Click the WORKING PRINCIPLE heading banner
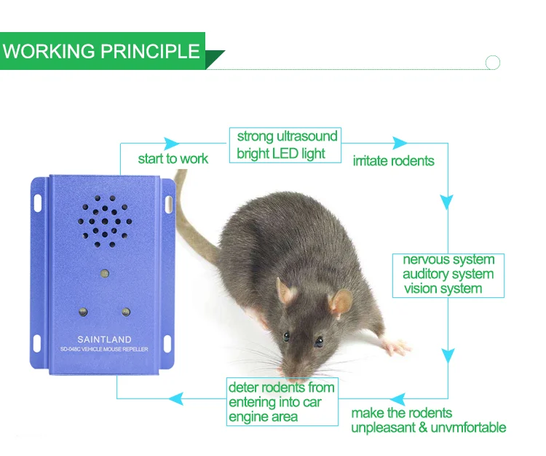coord(102,51)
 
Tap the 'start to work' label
coord(173,159)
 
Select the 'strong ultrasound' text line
coord(287,136)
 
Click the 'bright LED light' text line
coord(281,154)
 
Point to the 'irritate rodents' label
coord(393,160)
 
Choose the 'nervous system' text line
coord(448,260)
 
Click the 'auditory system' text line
coord(448,274)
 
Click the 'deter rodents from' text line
coord(281,388)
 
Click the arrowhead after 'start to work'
coord(172,143)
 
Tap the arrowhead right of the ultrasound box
coord(400,143)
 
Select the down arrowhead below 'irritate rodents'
coord(448,201)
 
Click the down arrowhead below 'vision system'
coord(448,355)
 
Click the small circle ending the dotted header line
coord(493,63)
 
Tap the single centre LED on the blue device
coord(104,274)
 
